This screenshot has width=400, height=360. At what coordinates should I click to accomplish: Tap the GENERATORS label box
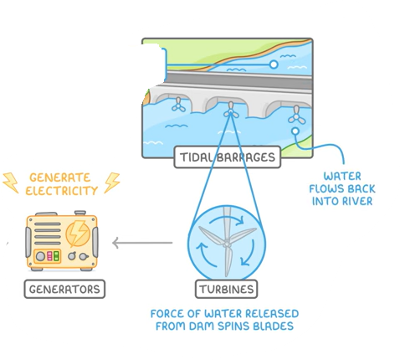pyautogui.click(x=64, y=290)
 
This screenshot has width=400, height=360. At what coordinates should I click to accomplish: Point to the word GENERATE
pyautogui.click(x=62, y=177)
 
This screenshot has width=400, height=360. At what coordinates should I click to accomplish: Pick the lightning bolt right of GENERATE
pyautogui.click(x=111, y=182)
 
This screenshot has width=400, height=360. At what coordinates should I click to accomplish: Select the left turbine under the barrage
pyautogui.click(x=177, y=105)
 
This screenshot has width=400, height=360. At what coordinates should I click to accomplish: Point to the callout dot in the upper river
pyautogui.click(x=273, y=64)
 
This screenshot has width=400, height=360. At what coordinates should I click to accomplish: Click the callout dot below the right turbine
pyautogui.click(x=294, y=131)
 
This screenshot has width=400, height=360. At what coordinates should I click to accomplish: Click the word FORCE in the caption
pyautogui.click(x=168, y=314)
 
